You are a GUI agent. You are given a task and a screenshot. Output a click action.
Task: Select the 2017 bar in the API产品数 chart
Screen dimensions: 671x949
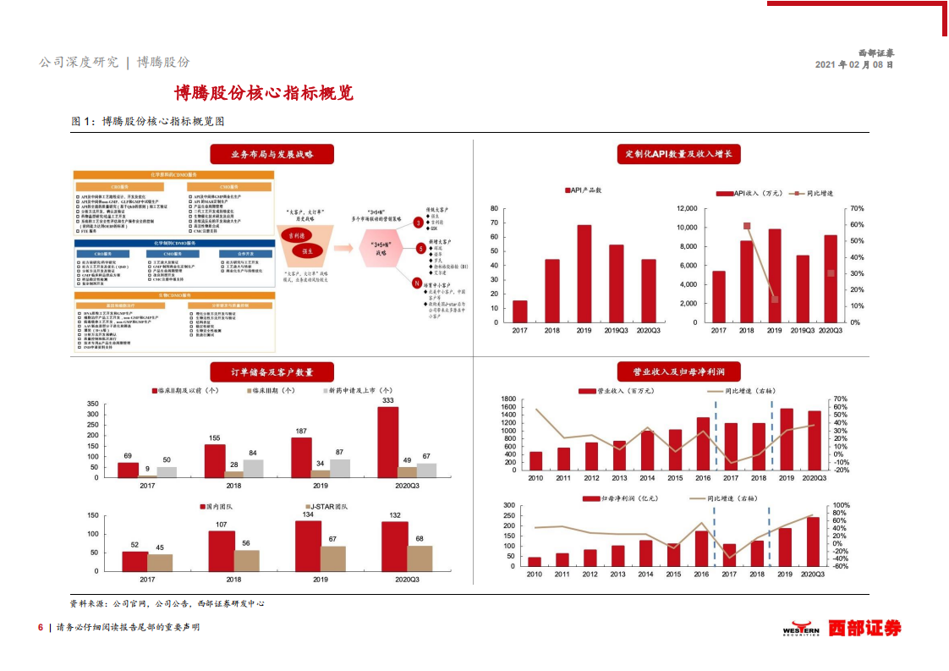(519, 311)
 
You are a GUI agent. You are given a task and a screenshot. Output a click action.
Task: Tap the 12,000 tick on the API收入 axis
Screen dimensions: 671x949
(686, 208)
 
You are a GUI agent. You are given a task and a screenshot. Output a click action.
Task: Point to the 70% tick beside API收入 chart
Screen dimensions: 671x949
(855, 208)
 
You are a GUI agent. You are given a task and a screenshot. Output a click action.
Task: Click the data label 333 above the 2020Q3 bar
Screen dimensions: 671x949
(388, 400)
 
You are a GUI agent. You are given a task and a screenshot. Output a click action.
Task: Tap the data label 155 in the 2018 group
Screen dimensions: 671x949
(214, 437)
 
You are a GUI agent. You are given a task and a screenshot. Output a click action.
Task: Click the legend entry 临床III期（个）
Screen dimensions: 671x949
(271, 390)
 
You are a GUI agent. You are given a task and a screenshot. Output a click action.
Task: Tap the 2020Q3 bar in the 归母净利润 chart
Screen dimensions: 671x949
(813, 542)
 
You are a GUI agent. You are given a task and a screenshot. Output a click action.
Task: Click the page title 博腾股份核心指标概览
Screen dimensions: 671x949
(263, 92)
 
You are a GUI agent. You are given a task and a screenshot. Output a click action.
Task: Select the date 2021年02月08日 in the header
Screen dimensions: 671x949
(853, 64)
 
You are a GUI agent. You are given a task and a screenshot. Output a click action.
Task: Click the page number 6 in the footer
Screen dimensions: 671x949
(40, 627)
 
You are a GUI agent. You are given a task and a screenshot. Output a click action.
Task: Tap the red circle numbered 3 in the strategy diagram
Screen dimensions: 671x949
(418, 223)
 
